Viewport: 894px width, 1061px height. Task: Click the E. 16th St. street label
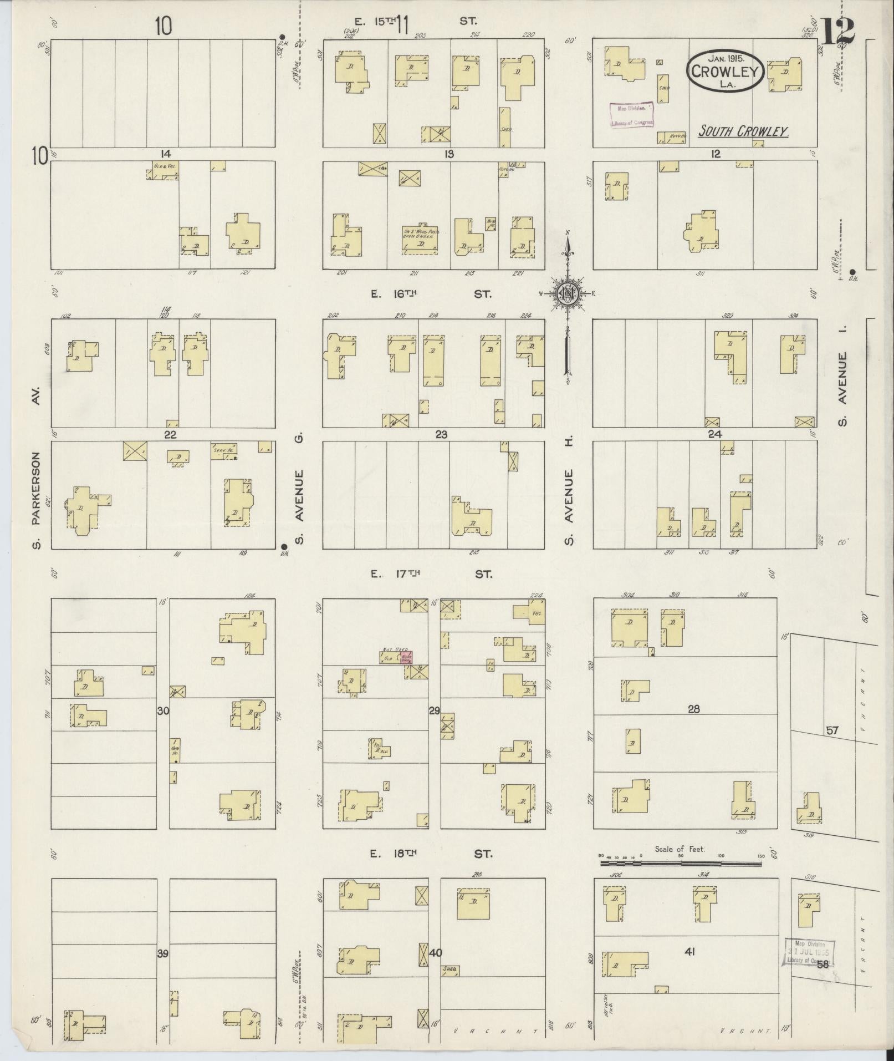[431, 295]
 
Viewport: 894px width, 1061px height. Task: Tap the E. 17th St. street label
[431, 575]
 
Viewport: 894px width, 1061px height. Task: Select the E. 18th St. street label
[431, 854]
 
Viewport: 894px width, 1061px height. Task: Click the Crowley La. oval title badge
[726, 72]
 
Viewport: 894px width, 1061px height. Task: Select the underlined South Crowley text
[743, 131]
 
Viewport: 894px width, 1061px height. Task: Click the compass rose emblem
[568, 294]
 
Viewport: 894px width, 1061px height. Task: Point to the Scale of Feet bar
[682, 863]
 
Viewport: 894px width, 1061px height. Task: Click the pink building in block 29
[406, 658]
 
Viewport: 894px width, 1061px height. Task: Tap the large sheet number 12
[836, 32]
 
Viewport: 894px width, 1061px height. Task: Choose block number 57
[832, 730]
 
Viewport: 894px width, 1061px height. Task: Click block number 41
[689, 952]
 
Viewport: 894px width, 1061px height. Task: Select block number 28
[693, 708]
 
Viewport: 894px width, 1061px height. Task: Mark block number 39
[162, 953]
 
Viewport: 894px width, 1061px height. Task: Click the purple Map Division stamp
[632, 115]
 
